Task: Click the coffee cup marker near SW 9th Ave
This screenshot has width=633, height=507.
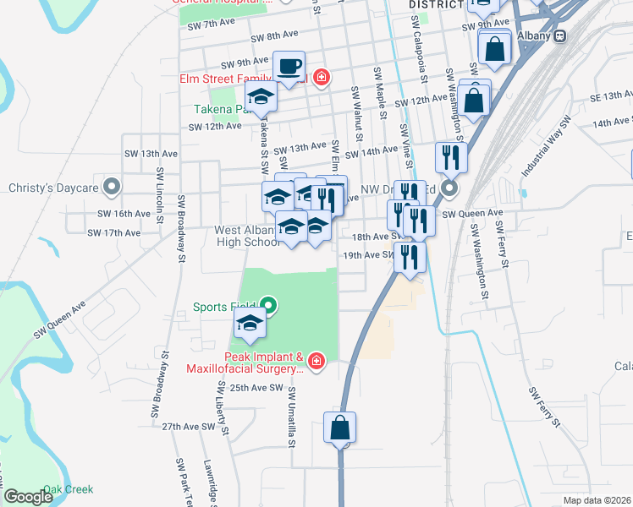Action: pyautogui.click(x=289, y=67)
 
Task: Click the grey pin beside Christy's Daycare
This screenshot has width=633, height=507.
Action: pyautogui.click(x=112, y=186)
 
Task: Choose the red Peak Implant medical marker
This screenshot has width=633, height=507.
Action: pyautogui.click(x=316, y=362)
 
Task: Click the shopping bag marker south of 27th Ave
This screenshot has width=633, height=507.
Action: pyautogui.click(x=340, y=428)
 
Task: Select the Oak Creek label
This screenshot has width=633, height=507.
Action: pyautogui.click(x=69, y=489)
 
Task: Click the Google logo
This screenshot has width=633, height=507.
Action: pyautogui.click(x=28, y=497)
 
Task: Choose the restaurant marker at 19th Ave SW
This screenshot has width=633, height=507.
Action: pyautogui.click(x=410, y=259)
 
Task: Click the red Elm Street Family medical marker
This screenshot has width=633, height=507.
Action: pyautogui.click(x=320, y=79)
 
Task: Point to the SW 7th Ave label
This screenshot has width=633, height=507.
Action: pyautogui.click(x=210, y=25)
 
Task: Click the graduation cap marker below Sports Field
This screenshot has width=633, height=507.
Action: pyautogui.click(x=250, y=324)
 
